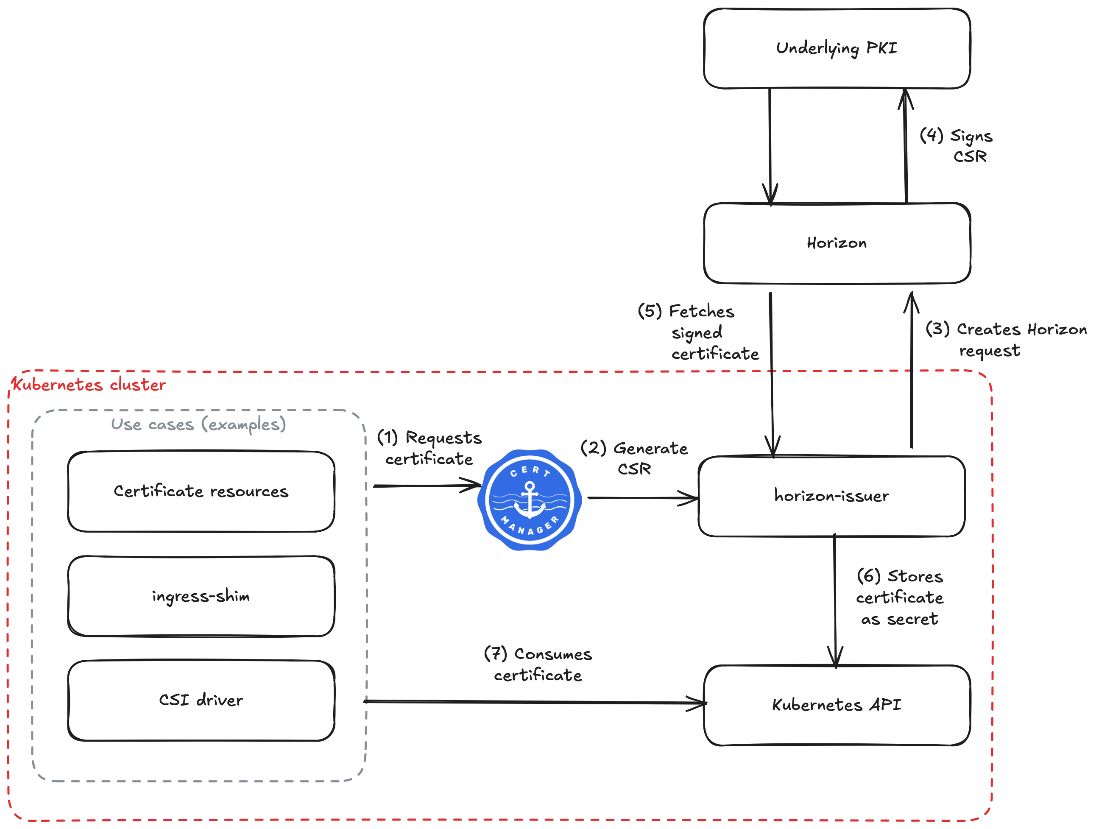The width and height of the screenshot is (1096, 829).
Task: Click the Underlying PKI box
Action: click(837, 48)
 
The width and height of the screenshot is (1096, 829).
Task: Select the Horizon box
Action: click(837, 243)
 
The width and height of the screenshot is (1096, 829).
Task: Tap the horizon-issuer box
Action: click(831, 496)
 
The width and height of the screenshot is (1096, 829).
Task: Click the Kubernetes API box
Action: click(837, 705)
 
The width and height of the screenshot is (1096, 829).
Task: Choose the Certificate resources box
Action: click(201, 491)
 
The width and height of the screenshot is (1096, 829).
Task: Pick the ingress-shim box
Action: click(201, 596)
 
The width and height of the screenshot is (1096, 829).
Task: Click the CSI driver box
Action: click(201, 700)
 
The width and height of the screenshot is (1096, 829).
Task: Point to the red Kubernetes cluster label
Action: click(89, 385)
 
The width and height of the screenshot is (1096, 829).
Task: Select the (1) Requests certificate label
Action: click(429, 448)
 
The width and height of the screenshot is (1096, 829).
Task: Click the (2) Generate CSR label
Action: click(634, 458)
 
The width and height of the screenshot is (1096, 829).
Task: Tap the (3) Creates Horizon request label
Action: click(1006, 339)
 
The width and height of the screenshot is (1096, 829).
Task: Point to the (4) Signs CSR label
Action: click(956, 146)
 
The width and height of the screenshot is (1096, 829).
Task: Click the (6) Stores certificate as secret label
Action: click(900, 597)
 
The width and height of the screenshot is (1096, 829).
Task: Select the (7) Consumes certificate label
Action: click(538, 664)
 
